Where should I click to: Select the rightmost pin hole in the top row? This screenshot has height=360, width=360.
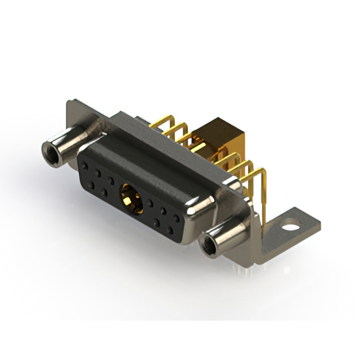point(177,217)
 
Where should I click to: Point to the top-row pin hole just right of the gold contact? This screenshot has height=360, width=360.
point(151,202)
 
